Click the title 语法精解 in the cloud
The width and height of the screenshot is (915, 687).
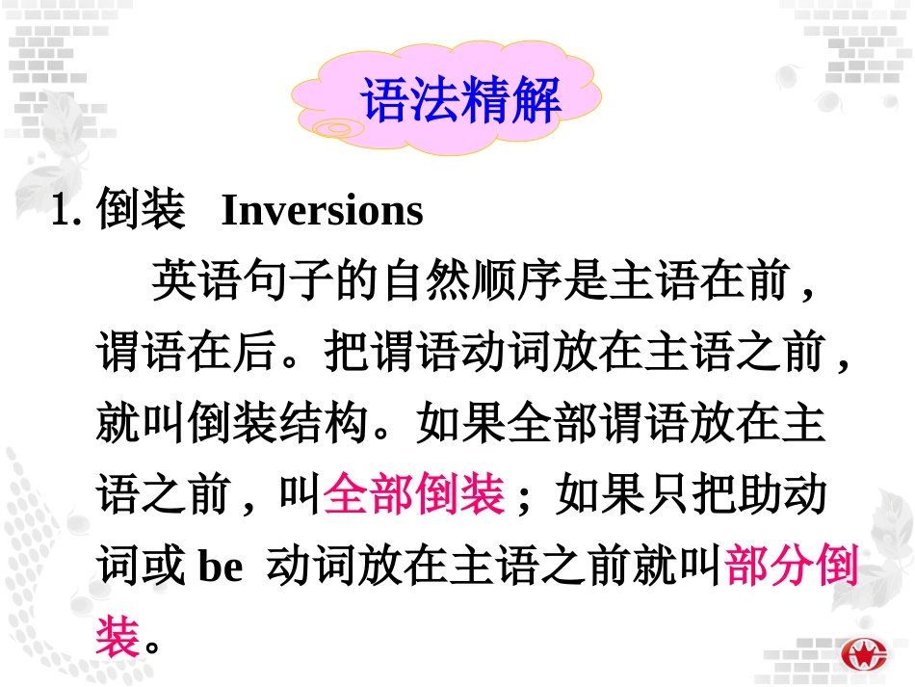(x=460, y=99)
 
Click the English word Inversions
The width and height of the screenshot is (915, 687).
(x=322, y=211)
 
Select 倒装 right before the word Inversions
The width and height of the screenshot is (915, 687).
(x=141, y=211)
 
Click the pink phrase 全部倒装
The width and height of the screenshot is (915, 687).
(x=414, y=496)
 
